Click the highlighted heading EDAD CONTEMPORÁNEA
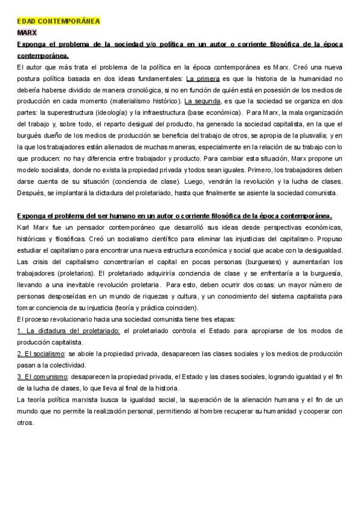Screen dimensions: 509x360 click(58, 21)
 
